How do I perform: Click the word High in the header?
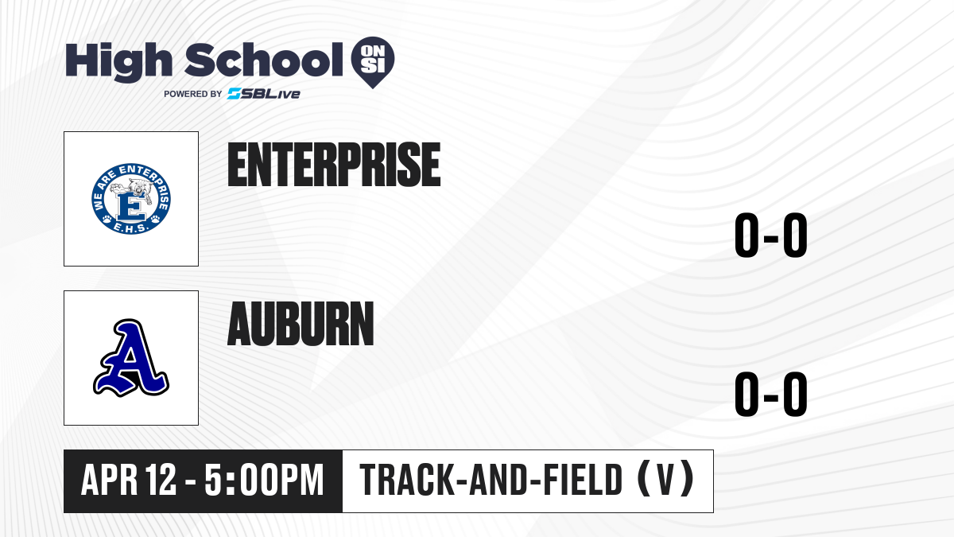[x=118, y=62]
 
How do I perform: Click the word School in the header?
[x=264, y=60]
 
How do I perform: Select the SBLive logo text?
[x=264, y=94]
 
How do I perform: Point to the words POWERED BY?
[x=193, y=94]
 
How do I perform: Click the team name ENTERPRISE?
[x=334, y=165]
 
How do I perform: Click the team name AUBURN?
[x=301, y=324]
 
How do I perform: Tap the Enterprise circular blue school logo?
[x=131, y=199]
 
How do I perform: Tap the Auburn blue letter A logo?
[x=131, y=357]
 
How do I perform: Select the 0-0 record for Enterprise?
[x=771, y=235]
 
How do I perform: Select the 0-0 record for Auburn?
[x=771, y=394]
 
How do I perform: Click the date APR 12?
[x=129, y=480]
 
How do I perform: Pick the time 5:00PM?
[x=264, y=480]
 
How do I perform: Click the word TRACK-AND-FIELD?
[x=491, y=480]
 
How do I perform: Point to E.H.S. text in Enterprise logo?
[x=131, y=228]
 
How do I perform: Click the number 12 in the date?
[x=161, y=480]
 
